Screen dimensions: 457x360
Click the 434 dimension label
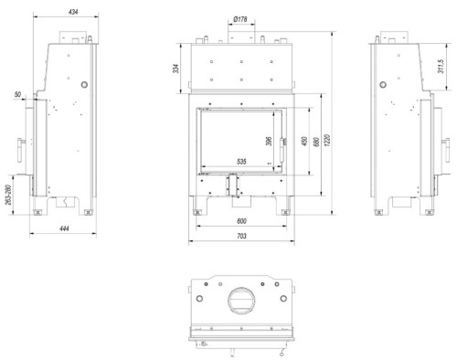pyautogui.click(x=73, y=12)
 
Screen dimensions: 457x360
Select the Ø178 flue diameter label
pyautogui.click(x=240, y=19)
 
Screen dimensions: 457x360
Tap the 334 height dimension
pyautogui.click(x=175, y=69)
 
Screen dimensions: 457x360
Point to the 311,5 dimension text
pyautogui.click(x=441, y=67)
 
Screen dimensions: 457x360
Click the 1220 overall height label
pyautogui.click(x=327, y=140)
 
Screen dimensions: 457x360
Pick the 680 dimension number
pyautogui.click(x=316, y=142)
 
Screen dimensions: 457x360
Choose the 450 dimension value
pyautogui.click(x=304, y=141)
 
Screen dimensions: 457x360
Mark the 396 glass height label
pyautogui.click(x=269, y=141)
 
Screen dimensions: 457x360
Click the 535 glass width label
pyautogui.click(x=241, y=162)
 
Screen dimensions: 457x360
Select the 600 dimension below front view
pyautogui.click(x=241, y=221)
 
